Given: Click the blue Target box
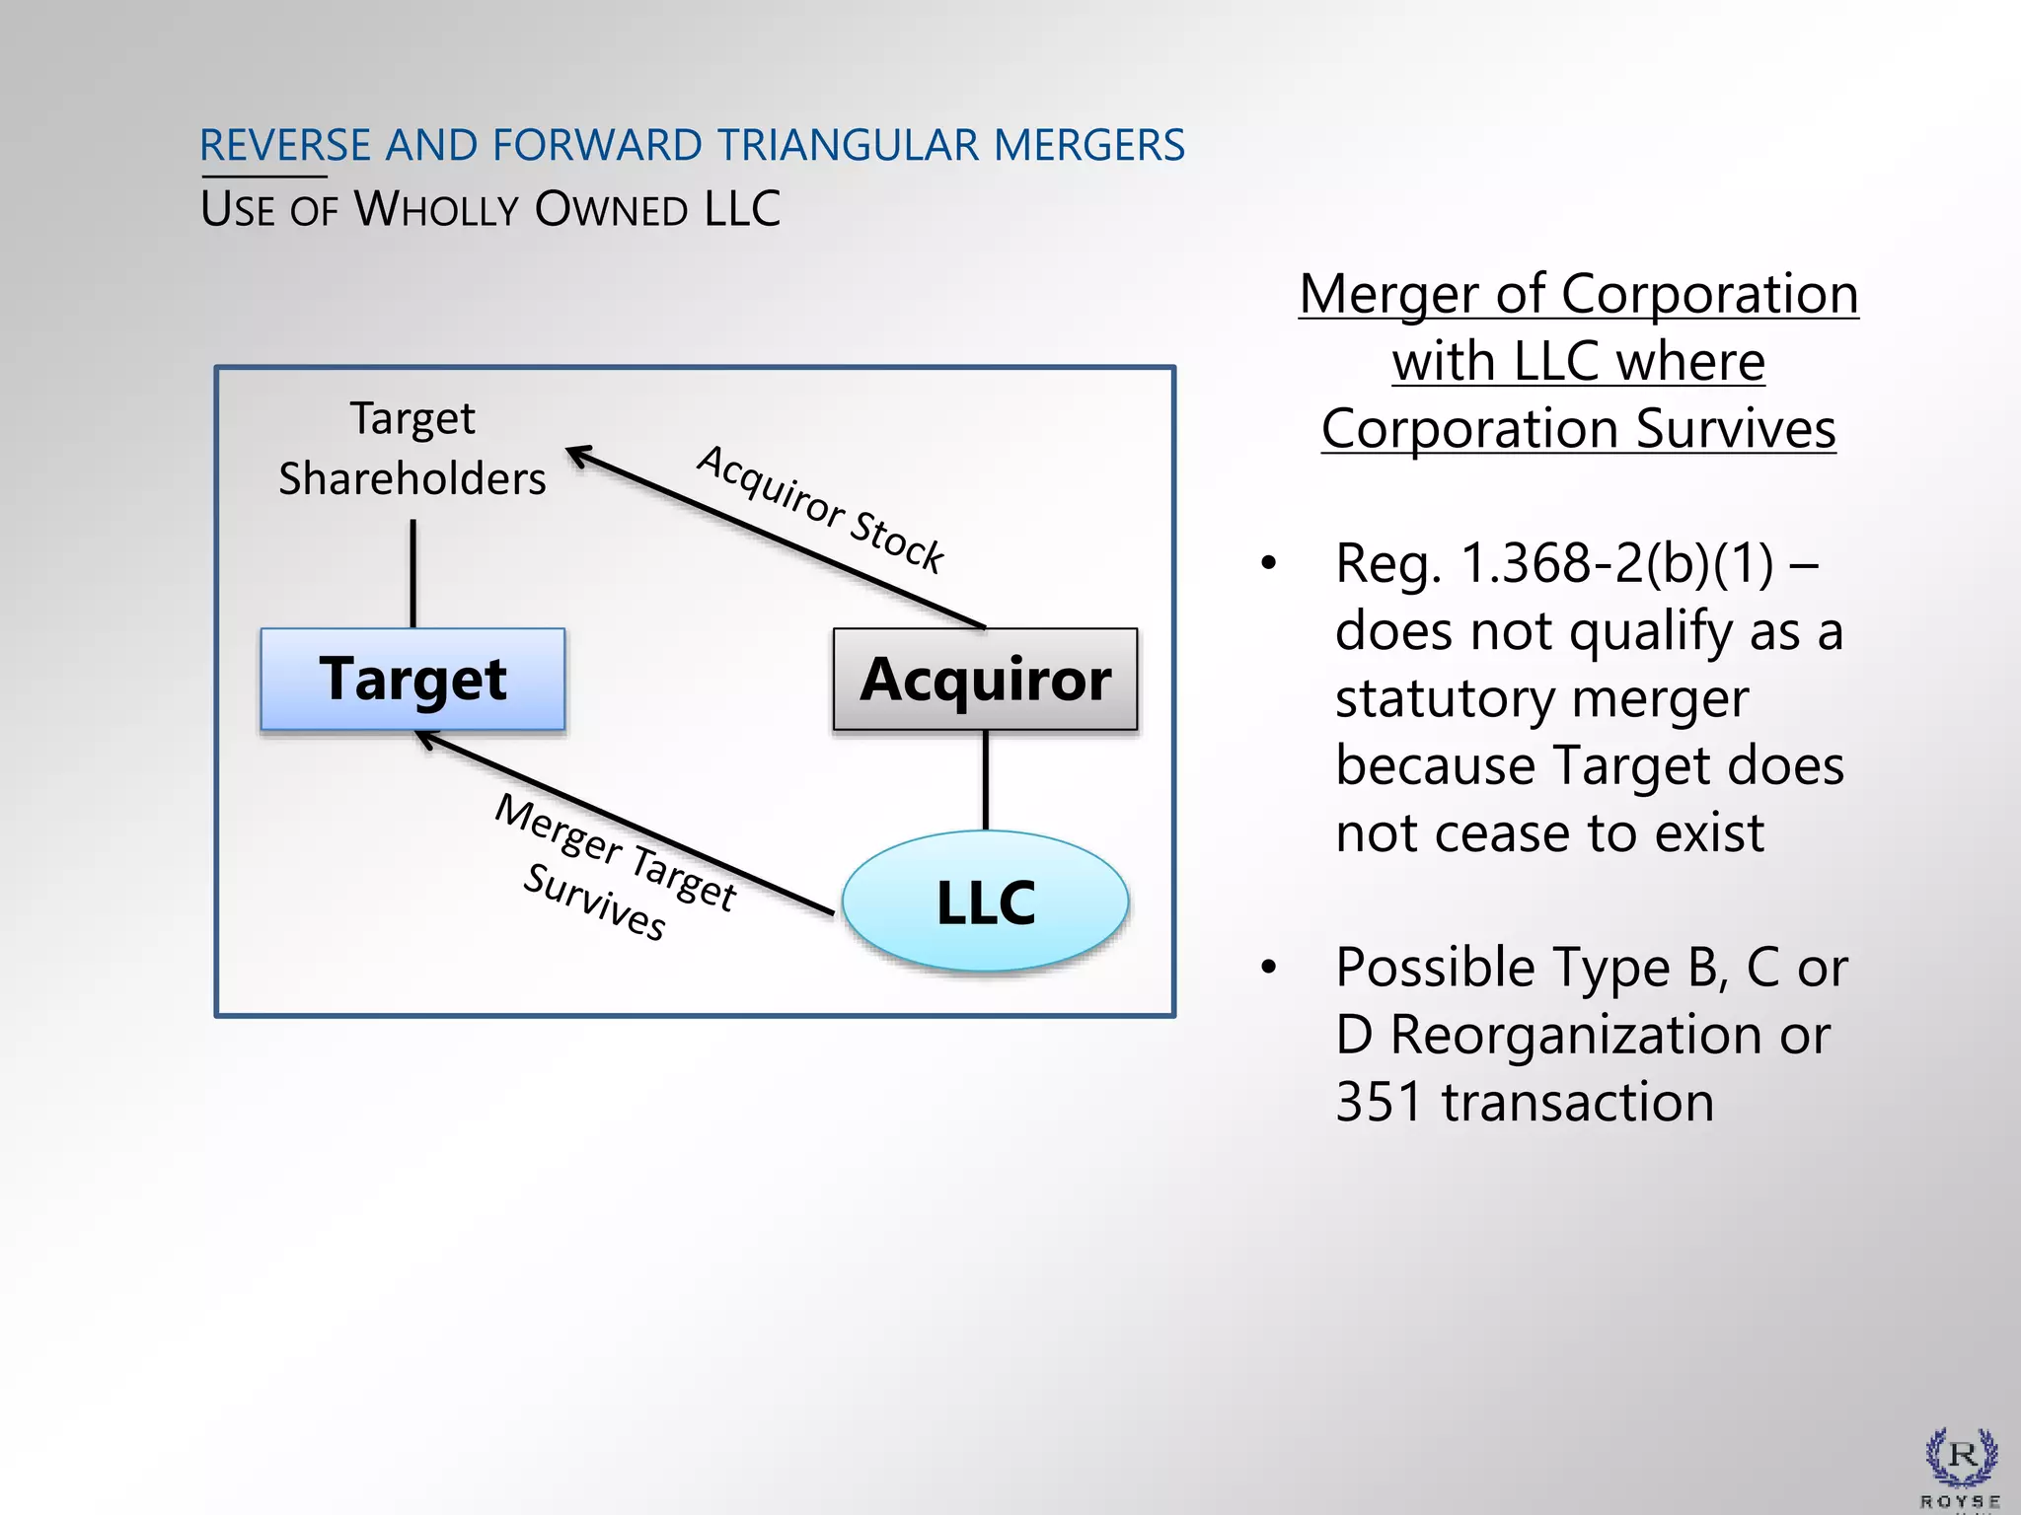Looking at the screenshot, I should (412, 680).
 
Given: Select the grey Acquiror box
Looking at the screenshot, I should (985, 680).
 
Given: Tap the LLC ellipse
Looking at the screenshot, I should (985, 902).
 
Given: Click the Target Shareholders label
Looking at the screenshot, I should (412, 449).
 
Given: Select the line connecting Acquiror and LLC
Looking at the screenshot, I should (985, 780).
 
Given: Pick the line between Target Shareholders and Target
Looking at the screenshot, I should (412, 574).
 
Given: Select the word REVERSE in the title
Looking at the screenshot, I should (284, 146).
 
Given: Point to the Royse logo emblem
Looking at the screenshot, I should (1961, 1458).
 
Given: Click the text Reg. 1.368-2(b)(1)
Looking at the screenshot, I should (1554, 563).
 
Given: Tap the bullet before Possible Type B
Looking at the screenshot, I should (1268, 968).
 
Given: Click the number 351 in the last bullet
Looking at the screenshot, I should (1379, 1102).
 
